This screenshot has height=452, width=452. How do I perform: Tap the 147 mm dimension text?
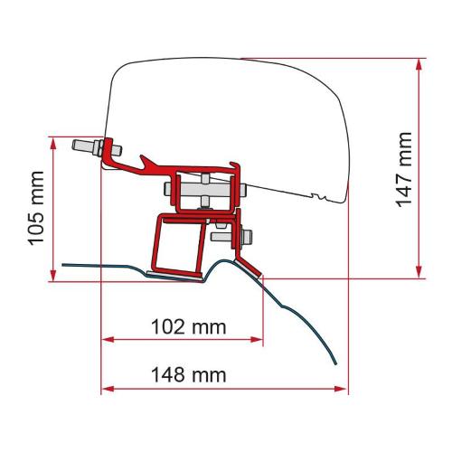[404, 169]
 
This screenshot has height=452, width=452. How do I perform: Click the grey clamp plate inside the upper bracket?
[202, 191]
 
